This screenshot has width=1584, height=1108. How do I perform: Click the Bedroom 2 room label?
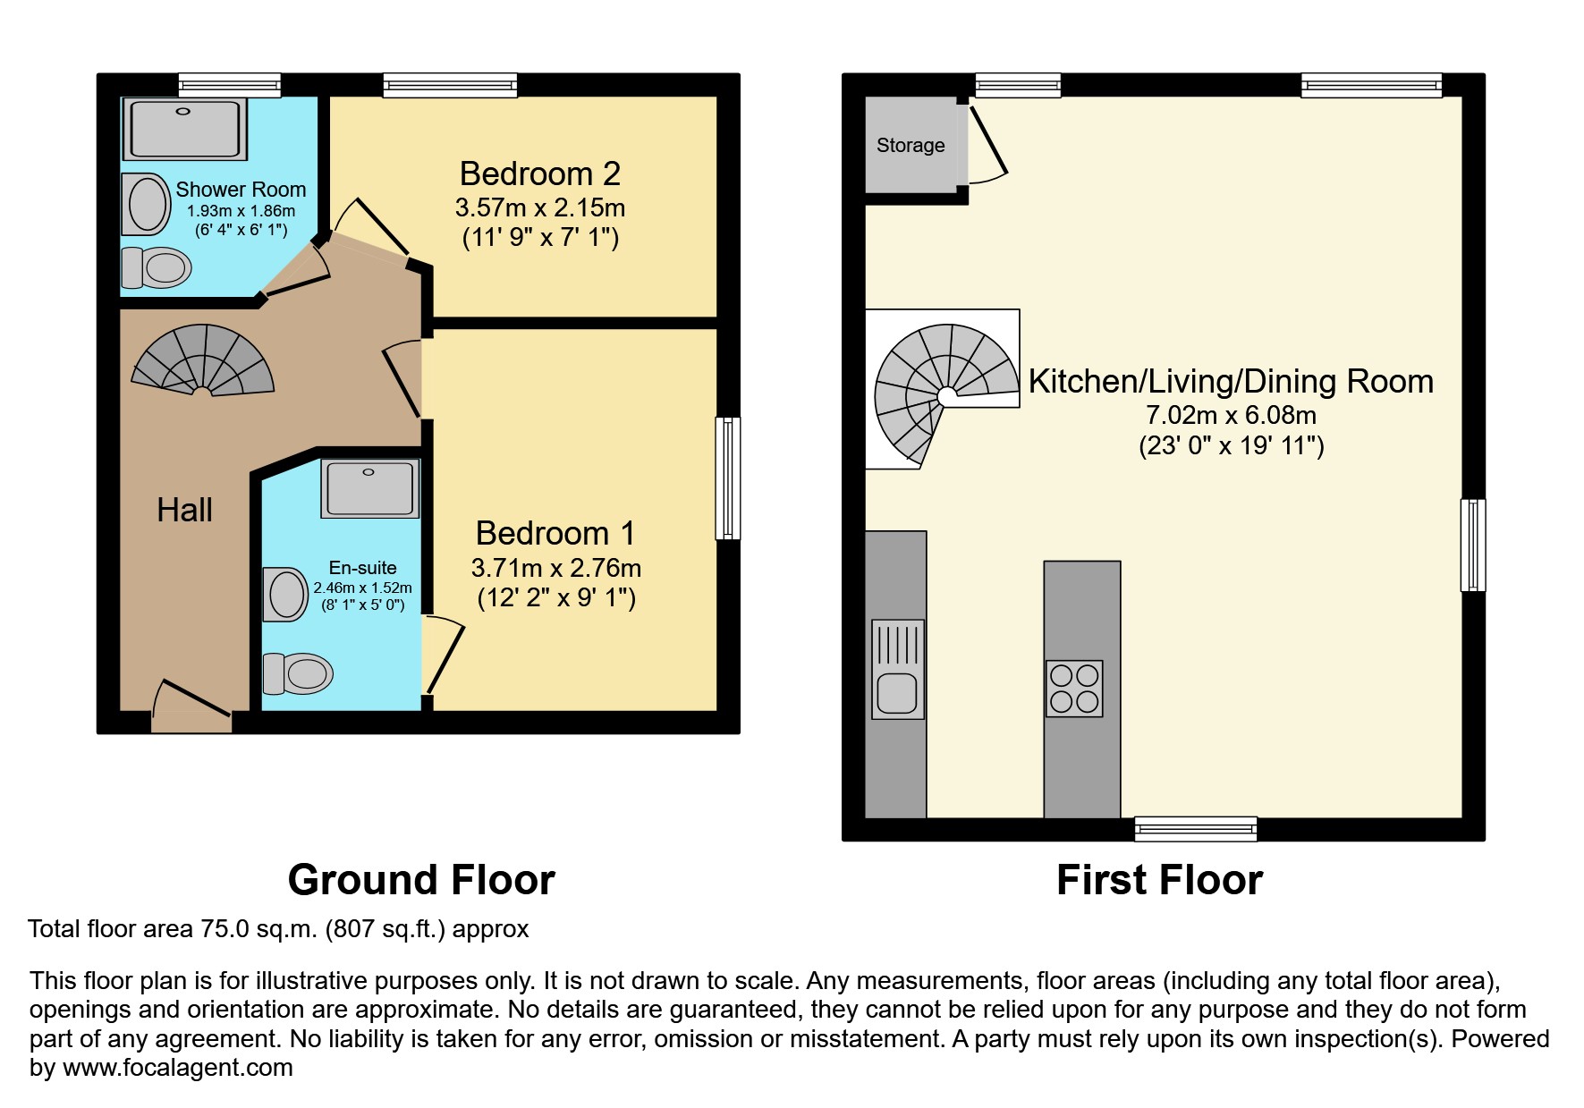tap(540, 173)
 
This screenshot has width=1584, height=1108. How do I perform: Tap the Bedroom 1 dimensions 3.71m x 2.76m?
tap(556, 568)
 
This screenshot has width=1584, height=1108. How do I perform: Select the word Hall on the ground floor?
tap(184, 510)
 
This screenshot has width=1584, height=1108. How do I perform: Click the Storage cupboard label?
tap(911, 145)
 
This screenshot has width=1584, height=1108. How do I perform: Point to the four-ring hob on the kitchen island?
tap(1074, 689)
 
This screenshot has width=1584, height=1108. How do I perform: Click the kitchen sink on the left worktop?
tap(897, 670)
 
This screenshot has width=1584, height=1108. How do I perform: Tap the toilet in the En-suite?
tap(297, 673)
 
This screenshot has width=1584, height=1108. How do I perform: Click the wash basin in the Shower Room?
tap(147, 204)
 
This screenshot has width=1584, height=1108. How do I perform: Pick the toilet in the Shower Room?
tap(156, 266)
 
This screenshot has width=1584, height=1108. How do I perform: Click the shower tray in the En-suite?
tap(369, 488)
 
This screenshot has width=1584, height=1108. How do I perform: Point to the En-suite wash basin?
tap(285, 595)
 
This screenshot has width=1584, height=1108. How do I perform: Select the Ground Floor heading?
tap(421, 880)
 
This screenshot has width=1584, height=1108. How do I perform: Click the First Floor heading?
tap(1159, 880)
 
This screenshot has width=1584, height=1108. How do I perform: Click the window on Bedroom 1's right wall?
tap(728, 478)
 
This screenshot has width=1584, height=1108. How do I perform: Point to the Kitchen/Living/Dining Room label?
tap(1231, 382)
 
